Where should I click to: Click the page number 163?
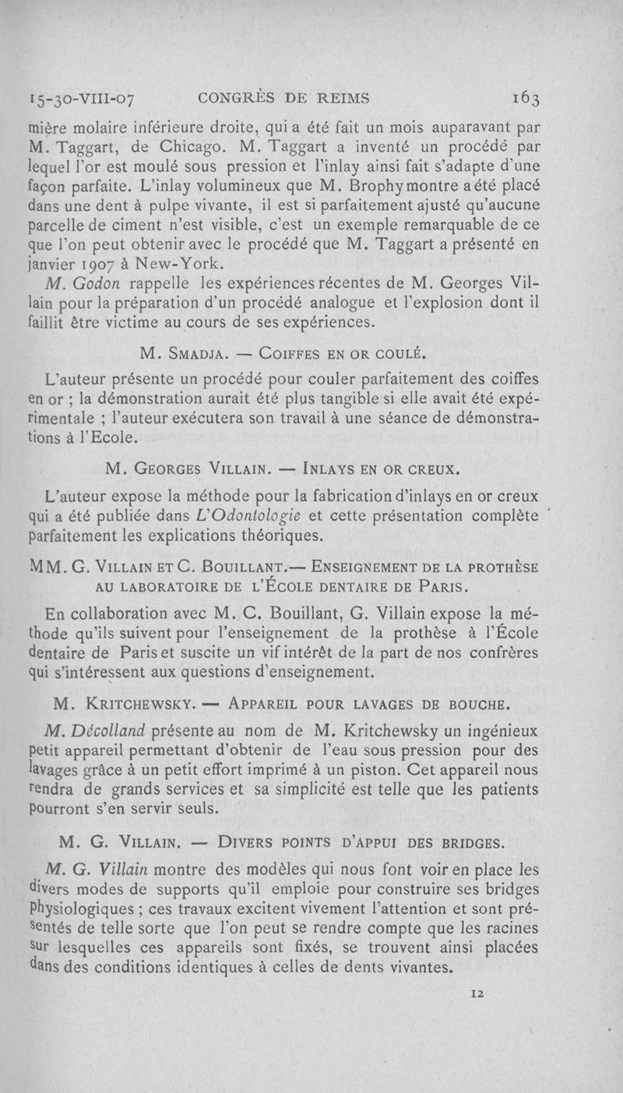(x=531, y=98)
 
